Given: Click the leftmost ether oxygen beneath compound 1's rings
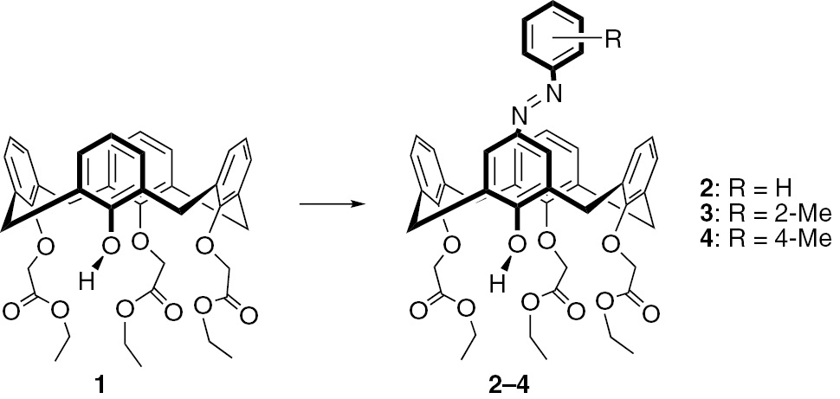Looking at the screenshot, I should (46, 248).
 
